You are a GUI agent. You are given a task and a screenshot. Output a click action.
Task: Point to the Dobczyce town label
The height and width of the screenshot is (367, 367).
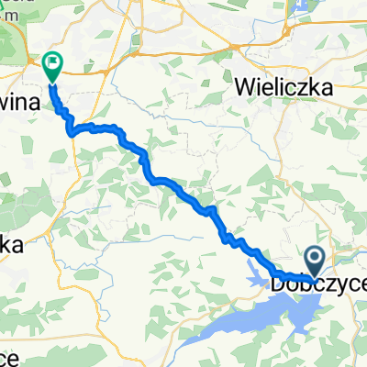(318, 286)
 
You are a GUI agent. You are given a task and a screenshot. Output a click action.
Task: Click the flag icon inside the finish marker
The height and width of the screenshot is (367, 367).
(52, 64)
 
